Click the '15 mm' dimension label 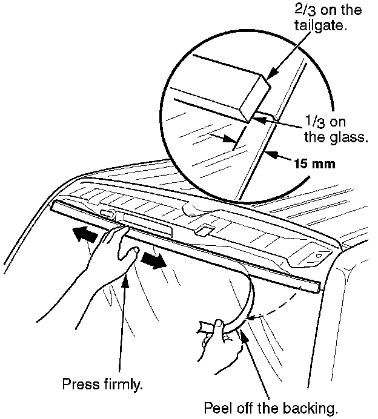pyautogui.click(x=314, y=163)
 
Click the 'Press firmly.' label pyautogui.click(x=103, y=384)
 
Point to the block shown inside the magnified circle pyautogui.click(x=236, y=91)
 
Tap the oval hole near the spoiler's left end pyautogui.click(x=108, y=214)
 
